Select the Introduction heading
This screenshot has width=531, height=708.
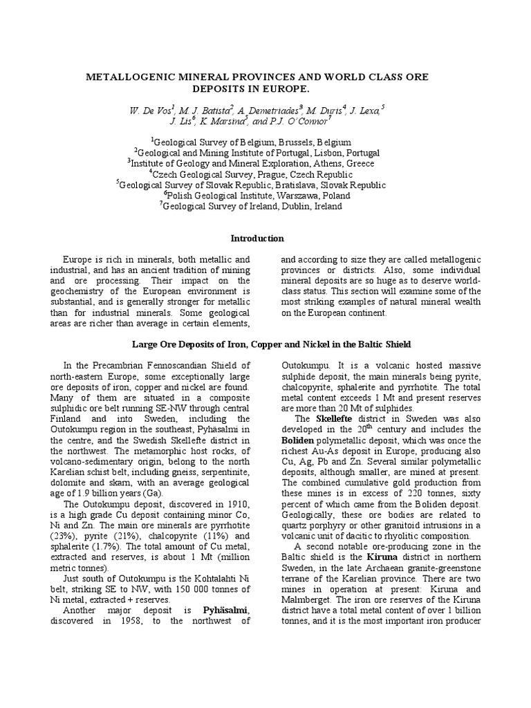[257, 239]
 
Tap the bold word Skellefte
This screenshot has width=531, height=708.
[335, 418]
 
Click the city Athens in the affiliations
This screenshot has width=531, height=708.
[326, 164]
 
